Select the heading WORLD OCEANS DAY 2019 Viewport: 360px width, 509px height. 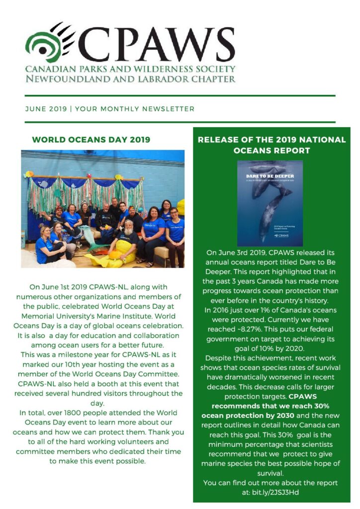pos(91,140)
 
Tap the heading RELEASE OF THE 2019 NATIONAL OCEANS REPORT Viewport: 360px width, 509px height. pos(271,145)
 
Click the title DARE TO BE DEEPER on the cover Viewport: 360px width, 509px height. pos(270,176)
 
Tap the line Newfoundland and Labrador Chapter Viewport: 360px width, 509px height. pos(131,79)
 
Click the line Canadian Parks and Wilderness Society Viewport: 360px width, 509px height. pos(131,69)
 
